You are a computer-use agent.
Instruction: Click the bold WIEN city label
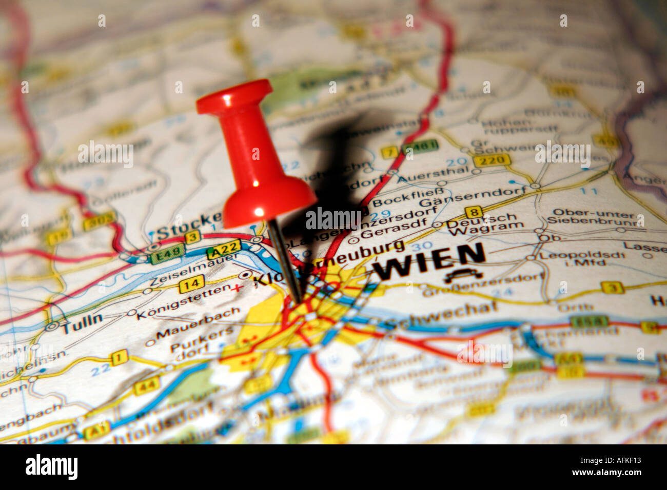(429, 261)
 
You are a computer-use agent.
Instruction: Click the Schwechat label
(441, 314)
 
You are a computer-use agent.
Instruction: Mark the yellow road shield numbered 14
(191, 283)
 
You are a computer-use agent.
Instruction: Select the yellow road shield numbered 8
(474, 212)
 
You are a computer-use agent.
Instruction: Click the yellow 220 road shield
(492, 160)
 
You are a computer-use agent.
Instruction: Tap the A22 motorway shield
(223, 250)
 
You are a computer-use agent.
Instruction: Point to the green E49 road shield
(168, 254)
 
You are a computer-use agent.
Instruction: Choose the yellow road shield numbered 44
(147, 385)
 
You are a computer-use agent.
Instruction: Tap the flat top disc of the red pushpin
(234, 97)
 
